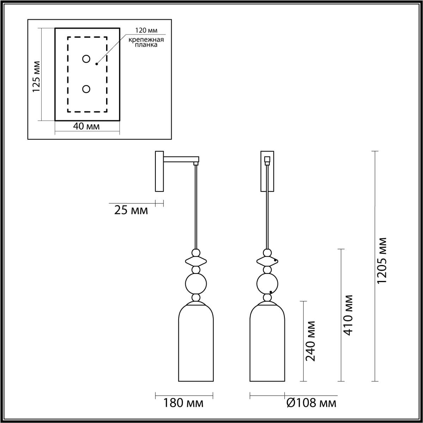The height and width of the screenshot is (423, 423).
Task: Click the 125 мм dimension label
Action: point(36,76)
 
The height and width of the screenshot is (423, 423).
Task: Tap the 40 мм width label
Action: point(86,126)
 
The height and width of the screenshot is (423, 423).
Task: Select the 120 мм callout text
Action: point(146,30)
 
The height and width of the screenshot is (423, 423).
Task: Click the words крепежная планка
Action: point(146,42)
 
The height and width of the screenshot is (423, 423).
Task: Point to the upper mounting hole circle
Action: point(86,59)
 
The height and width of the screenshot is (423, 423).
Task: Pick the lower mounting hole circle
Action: point(86,89)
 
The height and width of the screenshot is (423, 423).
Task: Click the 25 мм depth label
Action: point(131,210)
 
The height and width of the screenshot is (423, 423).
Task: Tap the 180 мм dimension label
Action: point(183,403)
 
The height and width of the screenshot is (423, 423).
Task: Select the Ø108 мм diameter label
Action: point(312,403)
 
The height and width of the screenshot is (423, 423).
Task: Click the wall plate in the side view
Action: point(159,171)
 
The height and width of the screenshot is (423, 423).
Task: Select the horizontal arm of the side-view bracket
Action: point(181,159)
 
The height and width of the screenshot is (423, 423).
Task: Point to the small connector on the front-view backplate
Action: point(267,160)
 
